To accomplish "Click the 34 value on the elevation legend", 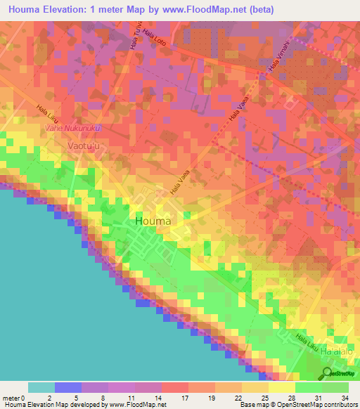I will pos(345,397).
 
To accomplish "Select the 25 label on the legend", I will pos(264,397).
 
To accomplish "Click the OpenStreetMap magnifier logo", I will pos(326,373).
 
